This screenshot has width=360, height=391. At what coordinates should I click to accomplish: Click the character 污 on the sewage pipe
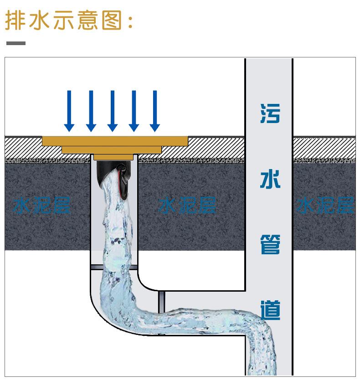pyautogui.click(x=270, y=113)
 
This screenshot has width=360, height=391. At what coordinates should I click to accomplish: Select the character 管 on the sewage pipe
pyautogui.click(x=270, y=244)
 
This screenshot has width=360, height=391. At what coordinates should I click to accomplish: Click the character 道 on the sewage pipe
pyautogui.click(x=270, y=310)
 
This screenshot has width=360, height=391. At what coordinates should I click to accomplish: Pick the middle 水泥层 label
pyautogui.click(x=187, y=205)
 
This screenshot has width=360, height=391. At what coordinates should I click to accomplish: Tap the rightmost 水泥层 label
pyautogui.click(x=324, y=205)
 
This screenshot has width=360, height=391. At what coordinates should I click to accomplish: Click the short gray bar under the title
pyautogui.click(x=15, y=43)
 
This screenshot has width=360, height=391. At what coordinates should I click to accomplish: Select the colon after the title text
pyautogui.click(x=131, y=21)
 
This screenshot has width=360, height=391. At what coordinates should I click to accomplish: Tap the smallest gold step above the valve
pyautogui.click(x=113, y=157)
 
